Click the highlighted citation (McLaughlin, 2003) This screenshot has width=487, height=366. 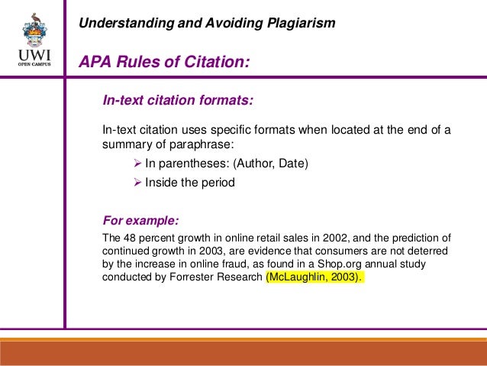pos(315,277)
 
